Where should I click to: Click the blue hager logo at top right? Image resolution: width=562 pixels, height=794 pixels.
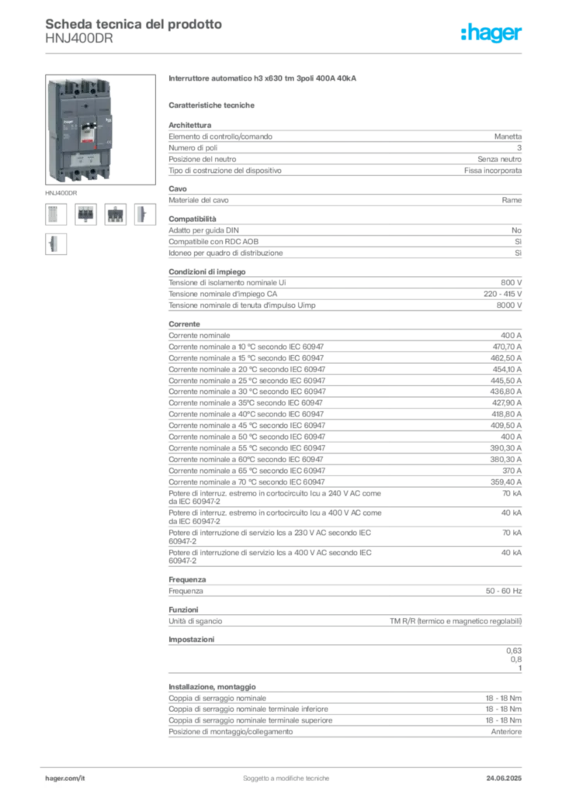492,34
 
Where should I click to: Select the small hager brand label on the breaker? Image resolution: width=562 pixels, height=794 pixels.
67,123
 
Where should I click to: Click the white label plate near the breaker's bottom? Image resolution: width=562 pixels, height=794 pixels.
86,161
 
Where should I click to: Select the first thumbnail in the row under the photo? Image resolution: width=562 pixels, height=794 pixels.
54,214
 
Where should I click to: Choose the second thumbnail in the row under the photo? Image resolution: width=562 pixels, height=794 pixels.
85,214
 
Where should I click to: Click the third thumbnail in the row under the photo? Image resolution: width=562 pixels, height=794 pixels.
116,214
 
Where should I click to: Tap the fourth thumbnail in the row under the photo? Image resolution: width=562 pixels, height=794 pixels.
143,214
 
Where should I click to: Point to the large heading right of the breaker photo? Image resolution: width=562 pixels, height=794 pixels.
264,79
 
